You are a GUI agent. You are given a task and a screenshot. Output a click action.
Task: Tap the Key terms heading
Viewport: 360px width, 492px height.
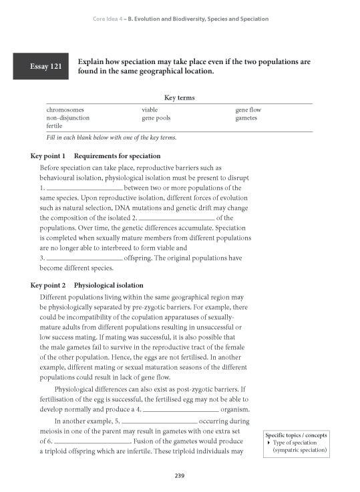click(179, 97)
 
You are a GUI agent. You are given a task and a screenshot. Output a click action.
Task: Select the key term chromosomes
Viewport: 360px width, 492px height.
click(65, 109)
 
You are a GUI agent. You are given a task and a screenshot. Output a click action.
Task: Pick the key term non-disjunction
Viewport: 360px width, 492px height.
click(67, 117)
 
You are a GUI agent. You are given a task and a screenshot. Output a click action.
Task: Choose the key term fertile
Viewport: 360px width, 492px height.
click(54, 126)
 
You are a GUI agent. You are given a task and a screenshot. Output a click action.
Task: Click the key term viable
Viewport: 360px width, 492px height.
click(150, 109)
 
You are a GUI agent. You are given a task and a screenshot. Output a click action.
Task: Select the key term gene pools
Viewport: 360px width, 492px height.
click(156, 117)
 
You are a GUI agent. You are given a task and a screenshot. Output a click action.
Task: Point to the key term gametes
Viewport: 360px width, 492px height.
click(246, 117)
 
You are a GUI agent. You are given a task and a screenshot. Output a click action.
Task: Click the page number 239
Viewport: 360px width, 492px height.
click(180, 476)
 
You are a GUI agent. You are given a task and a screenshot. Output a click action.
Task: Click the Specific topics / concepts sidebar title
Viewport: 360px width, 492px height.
click(297, 435)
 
